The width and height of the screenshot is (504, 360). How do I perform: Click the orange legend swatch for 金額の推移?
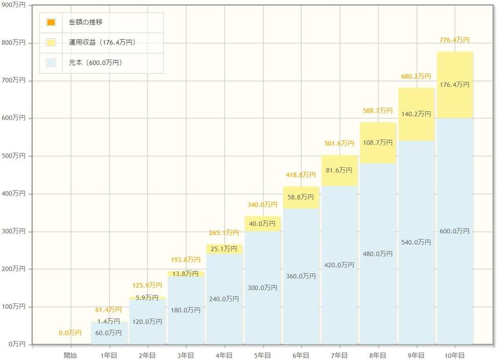(51, 23)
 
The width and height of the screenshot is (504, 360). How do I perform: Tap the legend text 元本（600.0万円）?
(95, 63)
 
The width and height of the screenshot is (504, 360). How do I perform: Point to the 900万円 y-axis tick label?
(14, 5)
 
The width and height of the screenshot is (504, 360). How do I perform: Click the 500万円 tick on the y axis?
(14, 156)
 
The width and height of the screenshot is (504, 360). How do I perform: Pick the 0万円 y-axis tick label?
(16, 344)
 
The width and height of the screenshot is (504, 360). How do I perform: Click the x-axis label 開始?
(70, 355)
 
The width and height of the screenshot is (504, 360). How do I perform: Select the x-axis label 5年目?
(262, 355)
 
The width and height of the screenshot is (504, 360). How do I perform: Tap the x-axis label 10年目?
(455, 355)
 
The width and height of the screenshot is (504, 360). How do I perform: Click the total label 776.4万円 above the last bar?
(455, 40)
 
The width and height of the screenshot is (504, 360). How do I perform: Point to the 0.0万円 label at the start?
(70, 333)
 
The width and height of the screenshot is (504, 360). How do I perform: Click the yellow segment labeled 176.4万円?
(455, 85)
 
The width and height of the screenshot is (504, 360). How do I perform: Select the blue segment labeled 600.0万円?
(455, 232)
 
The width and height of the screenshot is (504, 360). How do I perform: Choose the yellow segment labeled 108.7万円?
(378, 142)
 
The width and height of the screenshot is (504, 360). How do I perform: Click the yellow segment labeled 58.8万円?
(301, 197)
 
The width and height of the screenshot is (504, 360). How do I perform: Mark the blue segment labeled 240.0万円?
(224, 299)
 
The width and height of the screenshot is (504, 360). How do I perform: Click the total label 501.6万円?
(339, 144)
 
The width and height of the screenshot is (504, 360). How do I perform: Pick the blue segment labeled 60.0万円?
(109, 333)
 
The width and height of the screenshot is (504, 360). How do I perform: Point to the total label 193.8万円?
(185, 260)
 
